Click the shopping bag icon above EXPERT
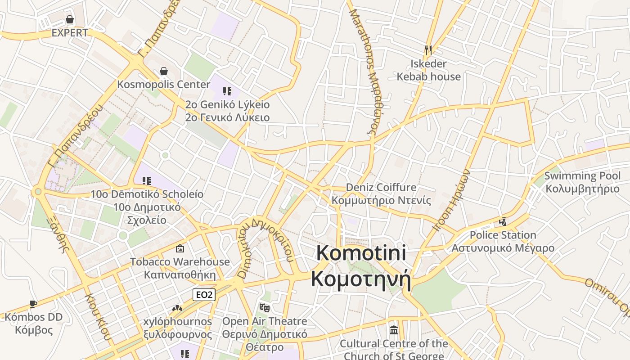coord(70,19)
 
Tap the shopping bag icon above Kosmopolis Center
coord(164,71)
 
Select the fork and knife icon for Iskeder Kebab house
coord(428,50)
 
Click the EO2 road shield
coord(204,295)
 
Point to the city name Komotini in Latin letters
coord(361,253)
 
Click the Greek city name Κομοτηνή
coord(361,279)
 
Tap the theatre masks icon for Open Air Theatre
coord(265,308)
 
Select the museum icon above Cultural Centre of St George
coord(394,330)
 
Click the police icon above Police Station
coord(503,221)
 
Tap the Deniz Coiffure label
coord(381,187)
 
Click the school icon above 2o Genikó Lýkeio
coord(227,91)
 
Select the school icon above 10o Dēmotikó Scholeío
coord(147,181)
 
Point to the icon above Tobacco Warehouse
coord(180,248)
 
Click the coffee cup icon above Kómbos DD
coord(33,304)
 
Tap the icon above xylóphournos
coord(177,309)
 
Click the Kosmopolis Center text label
coord(164,85)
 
